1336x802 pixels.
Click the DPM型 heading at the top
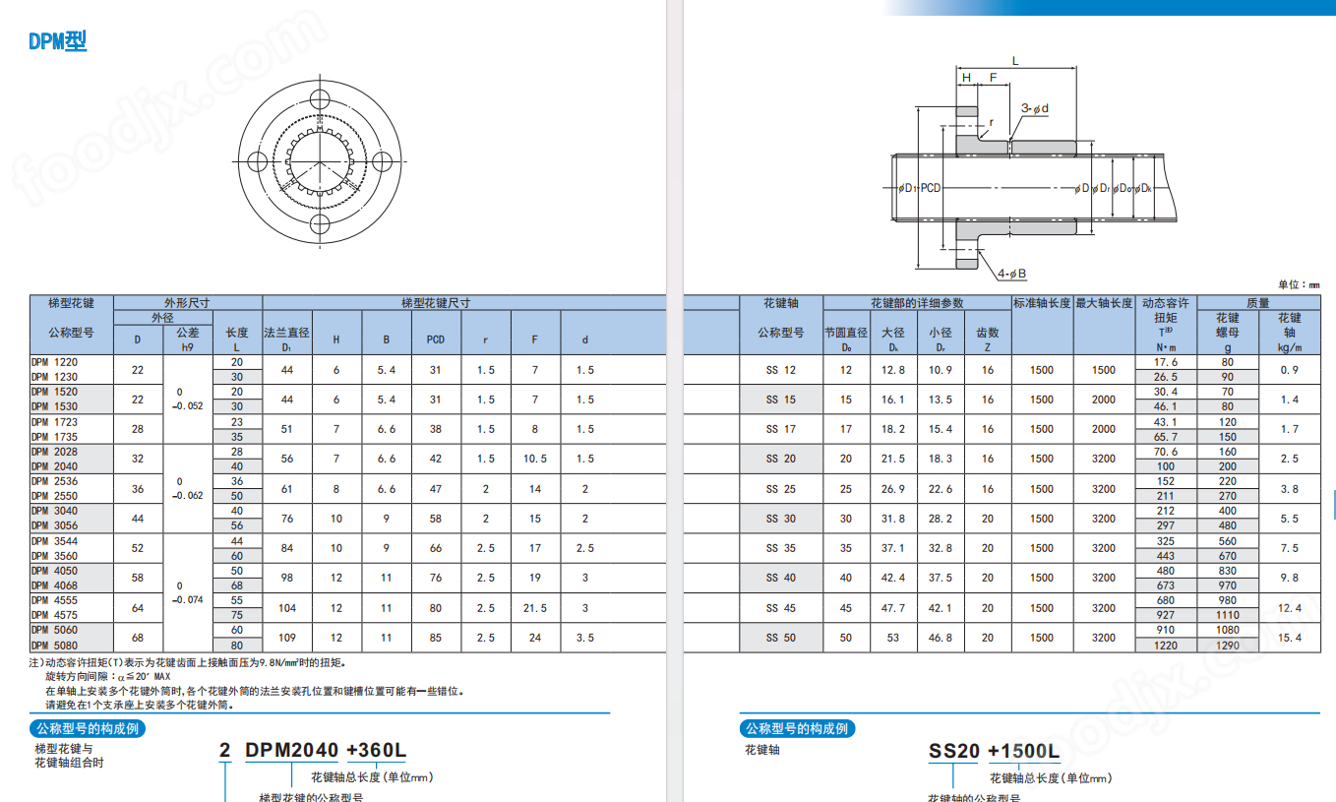coord(58,41)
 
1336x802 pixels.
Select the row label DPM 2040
coord(54,466)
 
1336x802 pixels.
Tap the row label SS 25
coord(780,489)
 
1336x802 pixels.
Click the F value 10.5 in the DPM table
coord(535,459)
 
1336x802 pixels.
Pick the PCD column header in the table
coord(436,339)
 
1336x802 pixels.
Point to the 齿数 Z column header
coord(988,339)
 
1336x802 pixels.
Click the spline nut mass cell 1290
coord(1227,645)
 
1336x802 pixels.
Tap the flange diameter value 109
coord(287,638)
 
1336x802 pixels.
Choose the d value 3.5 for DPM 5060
coord(585,638)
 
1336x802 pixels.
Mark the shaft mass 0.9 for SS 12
coord(1290,370)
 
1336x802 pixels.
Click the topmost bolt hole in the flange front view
coord(321,99)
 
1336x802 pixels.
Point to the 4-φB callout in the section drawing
coord(1011,273)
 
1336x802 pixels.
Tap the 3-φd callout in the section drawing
coord(1034,108)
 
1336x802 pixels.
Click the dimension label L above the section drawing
coord(1015,61)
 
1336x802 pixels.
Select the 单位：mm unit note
coord(1298,284)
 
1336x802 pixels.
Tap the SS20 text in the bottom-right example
coord(954,752)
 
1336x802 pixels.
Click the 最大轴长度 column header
coord(1105,303)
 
